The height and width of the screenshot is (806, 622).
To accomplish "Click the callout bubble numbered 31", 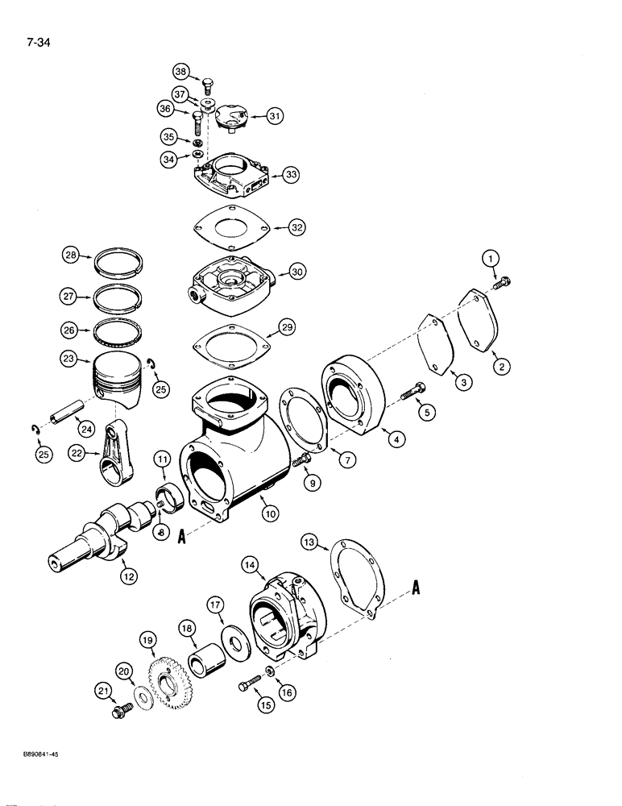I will click(276, 117).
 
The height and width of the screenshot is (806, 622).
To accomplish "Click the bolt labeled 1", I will click(504, 282).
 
